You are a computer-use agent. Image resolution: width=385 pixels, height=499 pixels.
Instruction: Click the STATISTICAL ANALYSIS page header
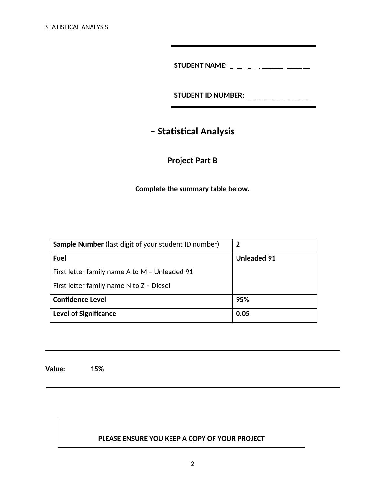point(77,27)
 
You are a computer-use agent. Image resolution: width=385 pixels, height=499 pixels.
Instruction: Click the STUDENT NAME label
point(200,65)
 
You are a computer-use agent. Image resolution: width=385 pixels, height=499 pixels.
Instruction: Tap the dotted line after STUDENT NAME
point(270,68)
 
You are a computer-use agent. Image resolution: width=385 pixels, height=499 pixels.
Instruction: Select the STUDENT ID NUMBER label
point(209,95)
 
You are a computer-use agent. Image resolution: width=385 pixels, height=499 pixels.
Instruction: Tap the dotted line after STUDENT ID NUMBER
point(277,98)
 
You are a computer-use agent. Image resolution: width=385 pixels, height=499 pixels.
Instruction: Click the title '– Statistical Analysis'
point(192,131)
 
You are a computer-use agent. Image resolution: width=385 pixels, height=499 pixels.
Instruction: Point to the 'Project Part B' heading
point(192,161)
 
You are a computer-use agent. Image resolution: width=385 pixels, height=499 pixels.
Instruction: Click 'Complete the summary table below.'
point(192,189)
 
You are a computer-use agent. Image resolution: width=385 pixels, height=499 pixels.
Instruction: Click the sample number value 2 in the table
point(238,244)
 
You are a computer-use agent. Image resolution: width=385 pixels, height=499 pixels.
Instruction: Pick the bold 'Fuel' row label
point(60,258)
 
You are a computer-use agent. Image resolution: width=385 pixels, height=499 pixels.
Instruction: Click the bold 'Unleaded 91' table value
point(256,258)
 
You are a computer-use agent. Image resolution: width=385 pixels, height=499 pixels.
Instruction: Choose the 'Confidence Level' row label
point(80,300)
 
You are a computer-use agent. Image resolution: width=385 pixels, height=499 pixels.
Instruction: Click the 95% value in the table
point(243,300)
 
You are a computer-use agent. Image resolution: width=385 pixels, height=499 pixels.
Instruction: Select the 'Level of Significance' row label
point(84,314)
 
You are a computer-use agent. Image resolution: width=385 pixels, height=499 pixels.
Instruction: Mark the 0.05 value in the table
point(243,314)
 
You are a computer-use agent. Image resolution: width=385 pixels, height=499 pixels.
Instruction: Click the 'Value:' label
point(55,369)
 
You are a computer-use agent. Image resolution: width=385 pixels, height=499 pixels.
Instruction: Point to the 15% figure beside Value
point(97,369)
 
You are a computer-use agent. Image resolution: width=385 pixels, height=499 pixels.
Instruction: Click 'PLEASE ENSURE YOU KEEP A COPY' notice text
point(181,439)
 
